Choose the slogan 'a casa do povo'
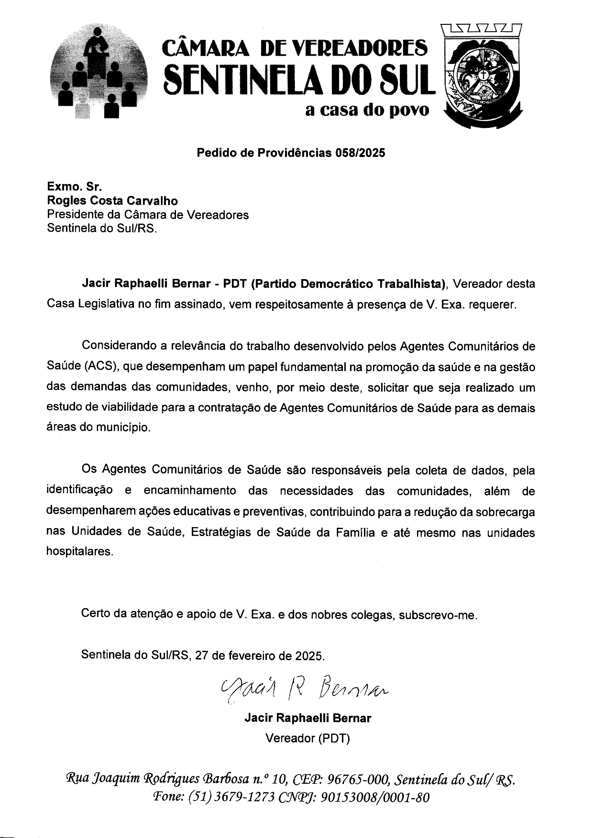(x=367, y=110)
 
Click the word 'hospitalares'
(x=80, y=551)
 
